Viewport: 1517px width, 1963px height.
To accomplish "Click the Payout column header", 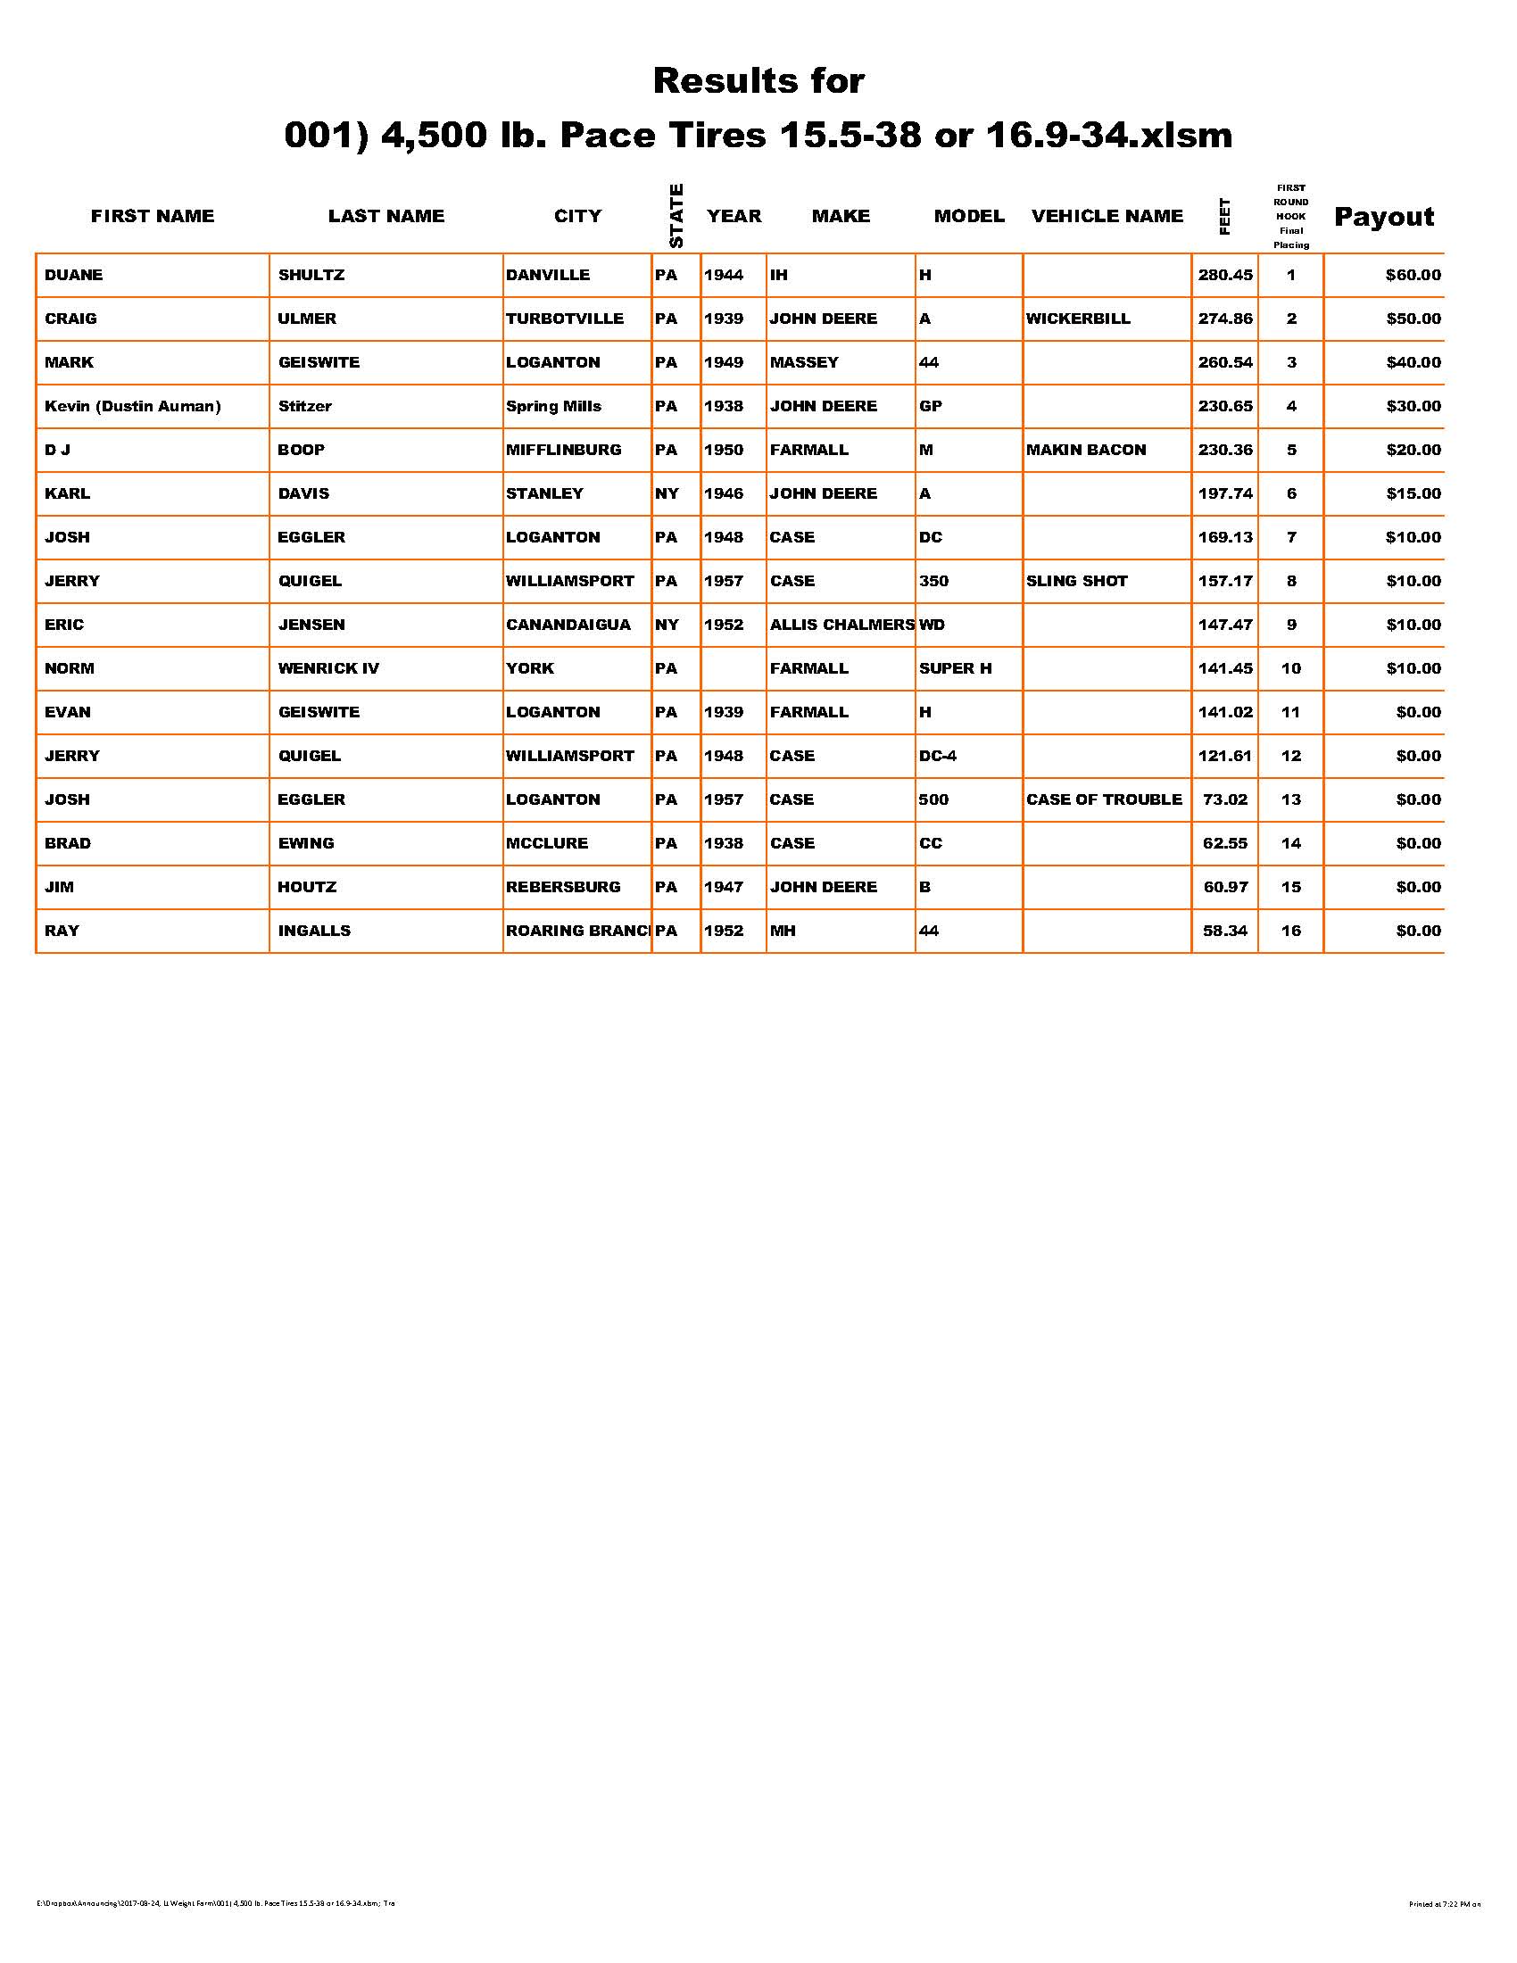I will point(1383,217).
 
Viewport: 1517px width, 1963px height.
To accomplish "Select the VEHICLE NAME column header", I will point(1107,216).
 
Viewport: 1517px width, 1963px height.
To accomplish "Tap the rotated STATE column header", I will point(676,216).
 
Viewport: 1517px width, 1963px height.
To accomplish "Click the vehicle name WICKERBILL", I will point(1078,319).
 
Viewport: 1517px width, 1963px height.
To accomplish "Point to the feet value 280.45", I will point(1225,275).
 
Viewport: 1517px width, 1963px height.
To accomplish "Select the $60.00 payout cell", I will point(1413,275).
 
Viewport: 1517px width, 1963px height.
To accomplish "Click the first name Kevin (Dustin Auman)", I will point(132,406).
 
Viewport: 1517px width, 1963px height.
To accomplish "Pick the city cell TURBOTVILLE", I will point(564,319).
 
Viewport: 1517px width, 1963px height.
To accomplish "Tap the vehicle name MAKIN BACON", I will point(1086,451).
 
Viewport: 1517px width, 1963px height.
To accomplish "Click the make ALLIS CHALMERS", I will point(841,625).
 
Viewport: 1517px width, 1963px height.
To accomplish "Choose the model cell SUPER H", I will point(956,668).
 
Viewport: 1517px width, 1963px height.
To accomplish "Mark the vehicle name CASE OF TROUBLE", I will point(1104,800).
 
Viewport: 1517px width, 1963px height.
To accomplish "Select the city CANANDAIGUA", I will point(568,625).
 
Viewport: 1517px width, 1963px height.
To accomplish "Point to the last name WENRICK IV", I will point(328,668).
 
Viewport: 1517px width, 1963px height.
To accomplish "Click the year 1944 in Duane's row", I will point(724,275).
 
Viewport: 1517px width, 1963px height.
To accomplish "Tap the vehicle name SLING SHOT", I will point(1077,582).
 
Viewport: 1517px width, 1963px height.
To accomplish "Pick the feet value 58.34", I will point(1225,932).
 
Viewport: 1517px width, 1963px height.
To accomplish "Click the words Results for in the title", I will point(758,81).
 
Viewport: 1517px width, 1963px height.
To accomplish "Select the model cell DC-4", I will point(937,756).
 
